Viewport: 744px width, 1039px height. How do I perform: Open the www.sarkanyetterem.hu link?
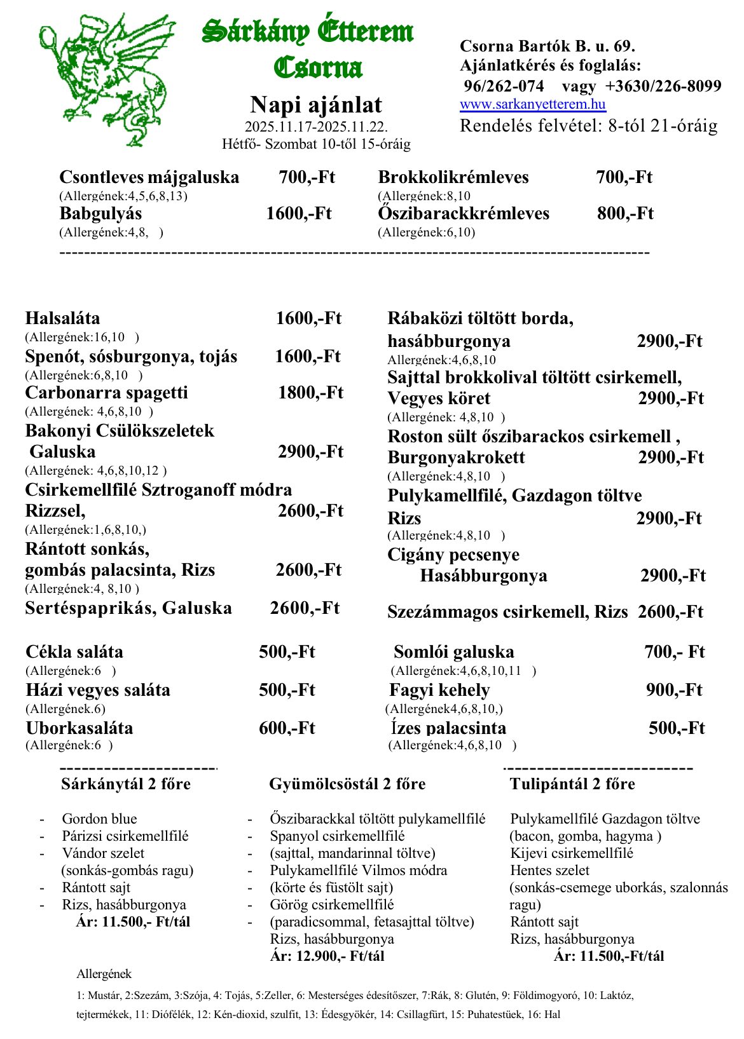pyautogui.click(x=533, y=104)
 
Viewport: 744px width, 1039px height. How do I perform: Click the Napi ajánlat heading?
pyautogui.click(x=316, y=105)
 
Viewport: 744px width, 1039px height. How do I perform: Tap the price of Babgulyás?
pyautogui.click(x=299, y=214)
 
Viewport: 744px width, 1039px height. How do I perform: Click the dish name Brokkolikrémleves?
pyautogui.click(x=453, y=177)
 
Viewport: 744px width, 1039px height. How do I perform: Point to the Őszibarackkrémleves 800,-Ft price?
pyautogui.click(x=625, y=214)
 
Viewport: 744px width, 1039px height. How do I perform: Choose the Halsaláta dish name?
pyautogui.click(x=62, y=318)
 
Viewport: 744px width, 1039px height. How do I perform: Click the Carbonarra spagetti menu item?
pyautogui.click(x=107, y=393)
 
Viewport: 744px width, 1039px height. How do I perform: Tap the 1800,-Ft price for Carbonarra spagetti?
pyautogui.click(x=310, y=393)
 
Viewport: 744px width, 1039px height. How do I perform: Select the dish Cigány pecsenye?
pyautogui.click(x=453, y=555)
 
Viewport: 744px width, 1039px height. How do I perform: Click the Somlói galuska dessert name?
pyautogui.click(x=454, y=652)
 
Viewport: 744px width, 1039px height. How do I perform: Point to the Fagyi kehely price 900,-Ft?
pyautogui.click(x=674, y=690)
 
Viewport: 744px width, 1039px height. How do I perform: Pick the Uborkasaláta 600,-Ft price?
pyautogui.click(x=287, y=728)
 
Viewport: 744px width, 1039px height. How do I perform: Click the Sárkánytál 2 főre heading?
pyautogui.click(x=126, y=784)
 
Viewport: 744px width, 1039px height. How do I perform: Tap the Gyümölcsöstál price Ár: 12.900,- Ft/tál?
pyautogui.click(x=327, y=956)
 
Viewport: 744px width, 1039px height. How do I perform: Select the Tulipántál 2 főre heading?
pyautogui.click(x=572, y=784)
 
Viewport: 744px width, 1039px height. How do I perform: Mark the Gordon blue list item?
pyautogui.click(x=99, y=819)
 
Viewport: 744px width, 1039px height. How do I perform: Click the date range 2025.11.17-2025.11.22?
pyautogui.click(x=316, y=127)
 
